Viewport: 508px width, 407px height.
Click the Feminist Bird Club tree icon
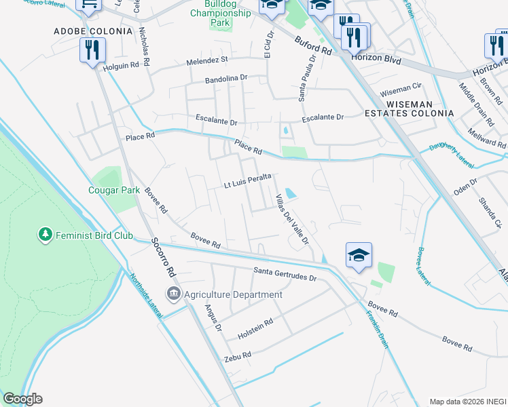tap(46, 234)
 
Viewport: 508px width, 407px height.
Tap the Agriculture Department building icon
tap(175, 294)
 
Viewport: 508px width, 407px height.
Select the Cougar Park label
tap(113, 190)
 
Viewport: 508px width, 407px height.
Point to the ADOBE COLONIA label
tap(93, 31)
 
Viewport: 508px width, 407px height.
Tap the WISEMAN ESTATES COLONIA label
tap(418, 109)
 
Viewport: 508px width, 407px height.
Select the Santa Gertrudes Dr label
tap(285, 274)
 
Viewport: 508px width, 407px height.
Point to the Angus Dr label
tap(213, 317)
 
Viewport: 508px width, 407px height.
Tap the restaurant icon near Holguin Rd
tap(91, 50)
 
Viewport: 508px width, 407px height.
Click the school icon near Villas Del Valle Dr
tap(359, 255)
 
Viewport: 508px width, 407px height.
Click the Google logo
tap(22, 399)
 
